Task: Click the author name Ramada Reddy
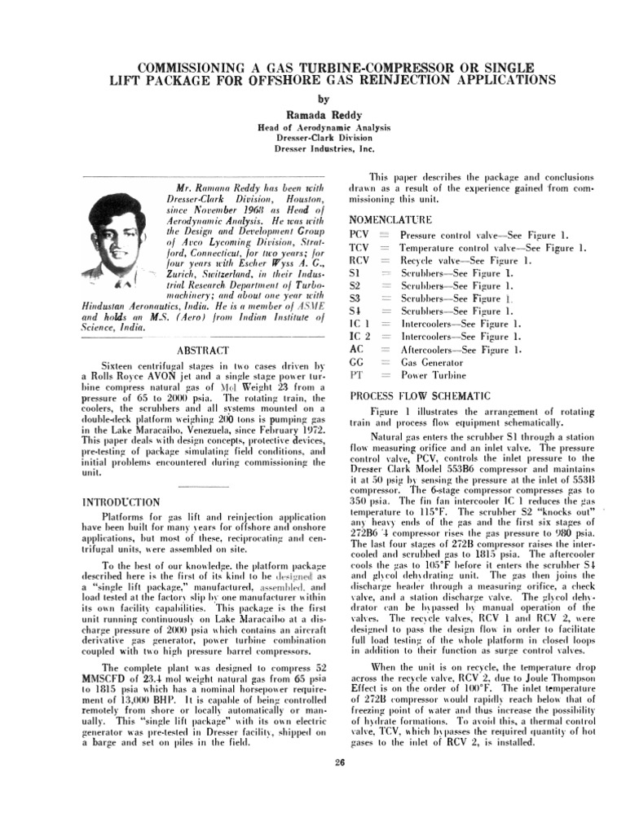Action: [x=314, y=117]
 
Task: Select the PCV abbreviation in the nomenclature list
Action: [x=359, y=235]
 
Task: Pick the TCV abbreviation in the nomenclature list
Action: [x=359, y=248]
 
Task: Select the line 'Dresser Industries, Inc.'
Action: [x=314, y=150]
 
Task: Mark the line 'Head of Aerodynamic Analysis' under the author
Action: [x=314, y=128]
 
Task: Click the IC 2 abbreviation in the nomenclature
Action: [x=359, y=336]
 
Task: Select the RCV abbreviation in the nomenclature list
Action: [x=359, y=260]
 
